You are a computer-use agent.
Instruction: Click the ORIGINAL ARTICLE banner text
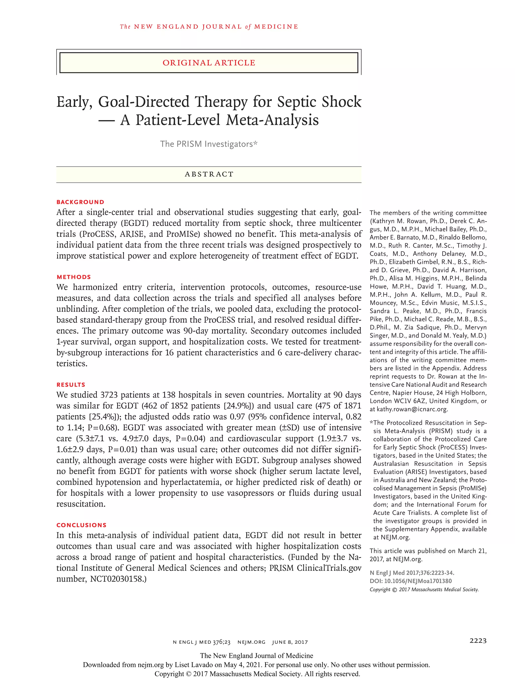[x=209, y=63]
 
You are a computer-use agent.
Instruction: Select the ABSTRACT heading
[x=209, y=174]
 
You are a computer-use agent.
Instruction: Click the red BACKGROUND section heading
[x=80, y=202]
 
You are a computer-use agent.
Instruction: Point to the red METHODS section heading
[x=74, y=277]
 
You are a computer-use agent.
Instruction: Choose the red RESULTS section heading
[x=71, y=385]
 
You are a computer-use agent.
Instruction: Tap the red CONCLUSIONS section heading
[x=81, y=525]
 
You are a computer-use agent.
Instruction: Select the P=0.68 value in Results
[x=102, y=428]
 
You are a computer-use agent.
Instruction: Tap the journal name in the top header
[x=209, y=27]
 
